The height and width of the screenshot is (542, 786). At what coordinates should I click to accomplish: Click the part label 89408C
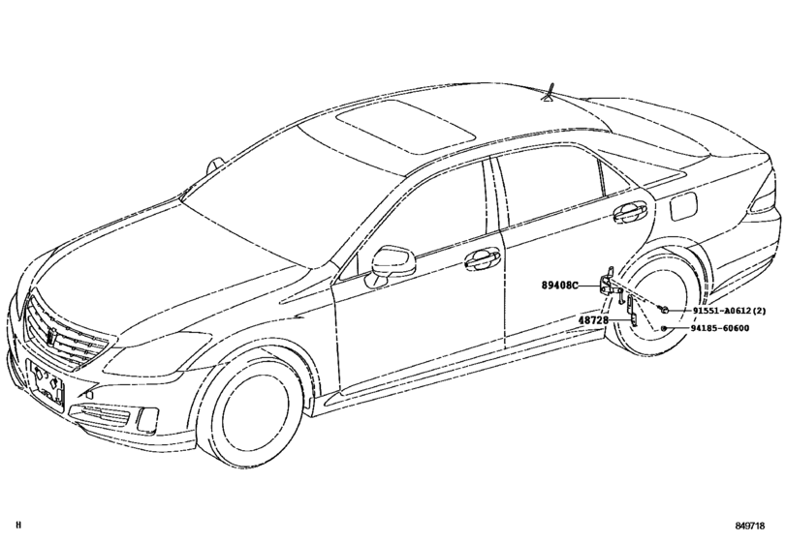coord(559,286)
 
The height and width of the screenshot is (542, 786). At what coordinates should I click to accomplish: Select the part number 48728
coord(593,319)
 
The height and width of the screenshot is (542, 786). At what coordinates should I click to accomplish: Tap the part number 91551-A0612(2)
coord(730,311)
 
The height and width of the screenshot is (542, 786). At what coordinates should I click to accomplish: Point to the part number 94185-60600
coord(721,328)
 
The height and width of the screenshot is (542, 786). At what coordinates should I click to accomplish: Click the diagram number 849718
coord(750,526)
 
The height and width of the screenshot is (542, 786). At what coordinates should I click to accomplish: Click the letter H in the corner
coord(19,526)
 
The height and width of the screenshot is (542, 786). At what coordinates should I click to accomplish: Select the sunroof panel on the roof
coord(405,126)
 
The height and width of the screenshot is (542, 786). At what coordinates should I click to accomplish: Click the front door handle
coord(482,258)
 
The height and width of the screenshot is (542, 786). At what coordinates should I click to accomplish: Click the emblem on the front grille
coord(50,339)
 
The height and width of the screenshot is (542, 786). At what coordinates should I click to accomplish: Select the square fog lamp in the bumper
coord(146,418)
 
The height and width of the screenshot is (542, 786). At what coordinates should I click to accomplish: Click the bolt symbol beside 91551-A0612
coord(664,311)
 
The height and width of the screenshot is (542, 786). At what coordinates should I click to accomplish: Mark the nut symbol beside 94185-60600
coord(663,328)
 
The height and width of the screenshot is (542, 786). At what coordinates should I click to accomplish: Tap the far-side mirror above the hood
coord(215,166)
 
